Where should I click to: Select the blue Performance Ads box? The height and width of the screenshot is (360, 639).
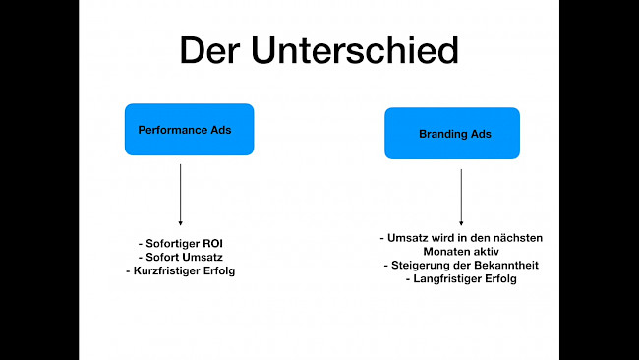pyautogui.click(x=189, y=129)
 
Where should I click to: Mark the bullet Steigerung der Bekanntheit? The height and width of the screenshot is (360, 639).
pyautogui.click(x=461, y=266)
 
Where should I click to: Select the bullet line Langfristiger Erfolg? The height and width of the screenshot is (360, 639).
pyautogui.click(x=461, y=279)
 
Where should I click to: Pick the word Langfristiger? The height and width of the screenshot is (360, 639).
pyautogui.click(x=445, y=279)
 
